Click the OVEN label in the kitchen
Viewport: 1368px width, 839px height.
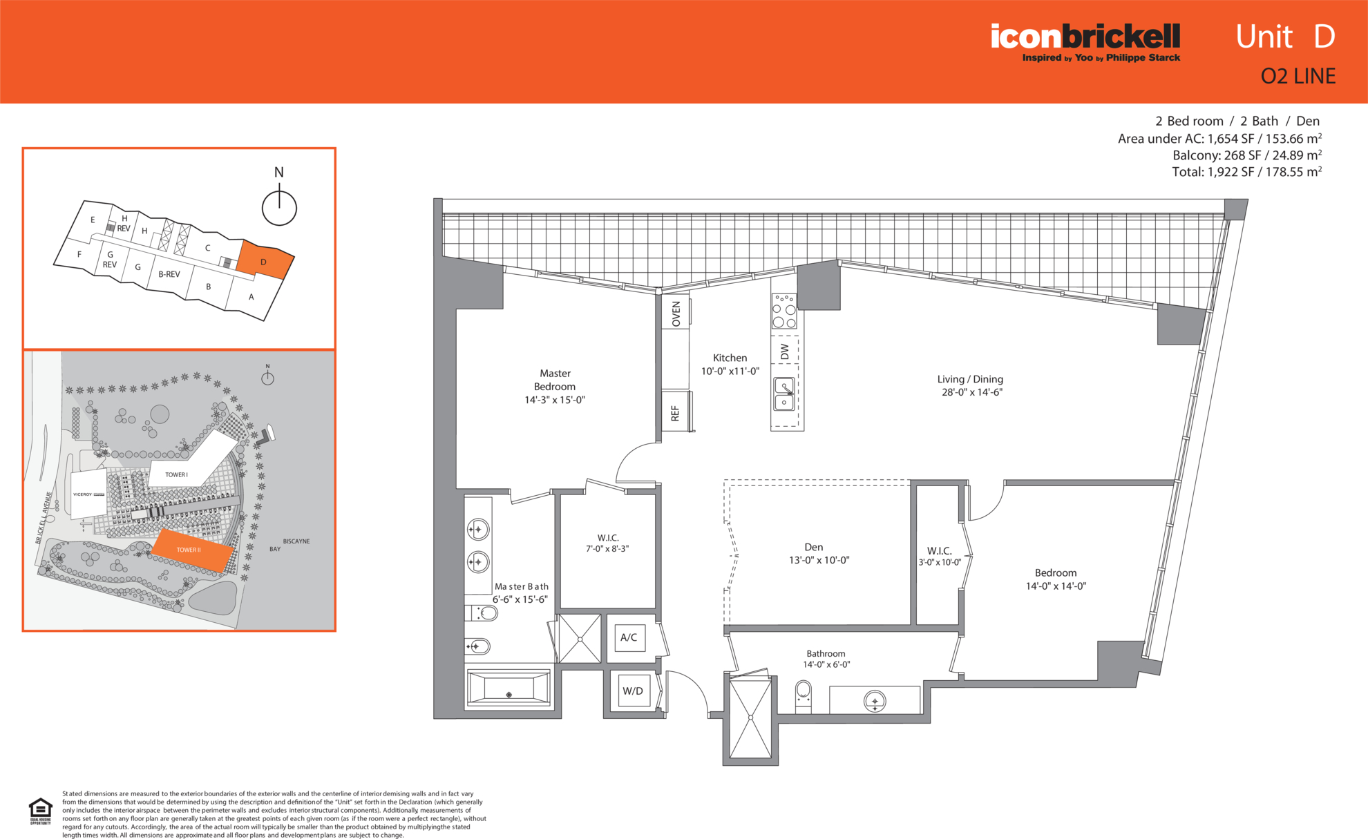pos(676,314)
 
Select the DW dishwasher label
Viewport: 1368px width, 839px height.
pos(784,351)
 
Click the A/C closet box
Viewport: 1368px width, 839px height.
pos(629,637)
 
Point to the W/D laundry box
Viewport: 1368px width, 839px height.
pos(633,691)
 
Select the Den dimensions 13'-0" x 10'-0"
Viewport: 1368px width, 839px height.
pos(819,561)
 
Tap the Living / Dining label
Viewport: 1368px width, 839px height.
pos(970,379)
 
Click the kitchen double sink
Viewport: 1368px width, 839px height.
pos(784,394)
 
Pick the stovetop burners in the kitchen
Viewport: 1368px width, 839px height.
pos(784,311)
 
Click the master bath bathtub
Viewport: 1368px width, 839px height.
pos(509,689)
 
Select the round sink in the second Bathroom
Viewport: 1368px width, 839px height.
pos(875,702)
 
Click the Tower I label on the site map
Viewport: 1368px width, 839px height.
pos(176,475)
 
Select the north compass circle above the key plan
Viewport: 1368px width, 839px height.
pos(279,208)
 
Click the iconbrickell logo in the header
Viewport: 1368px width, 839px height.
pos(1085,42)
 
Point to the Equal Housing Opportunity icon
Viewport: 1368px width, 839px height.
pos(40,811)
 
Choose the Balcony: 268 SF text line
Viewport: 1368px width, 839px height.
pos(1247,155)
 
